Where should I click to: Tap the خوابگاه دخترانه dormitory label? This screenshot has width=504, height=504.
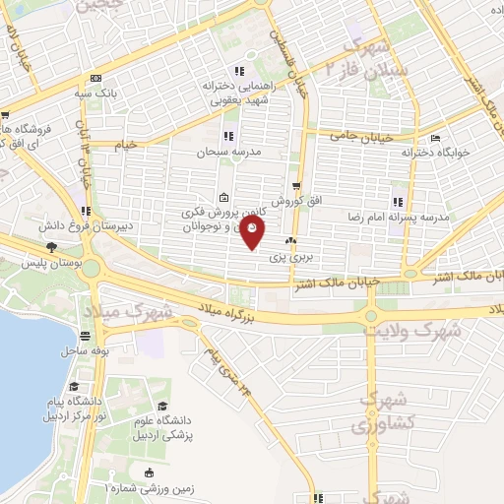click(436, 153)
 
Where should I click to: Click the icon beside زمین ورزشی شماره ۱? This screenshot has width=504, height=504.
click(148, 472)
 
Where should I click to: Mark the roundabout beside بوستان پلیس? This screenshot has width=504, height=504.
click(92, 266)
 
